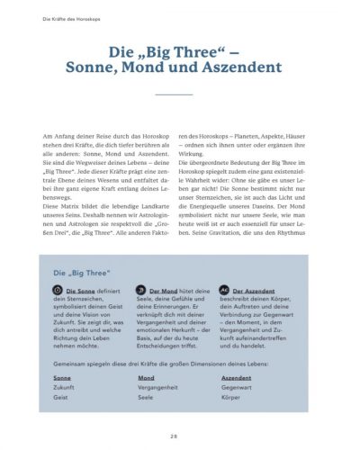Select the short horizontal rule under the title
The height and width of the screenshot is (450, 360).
181,94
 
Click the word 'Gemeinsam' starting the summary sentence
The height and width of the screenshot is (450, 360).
68,363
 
